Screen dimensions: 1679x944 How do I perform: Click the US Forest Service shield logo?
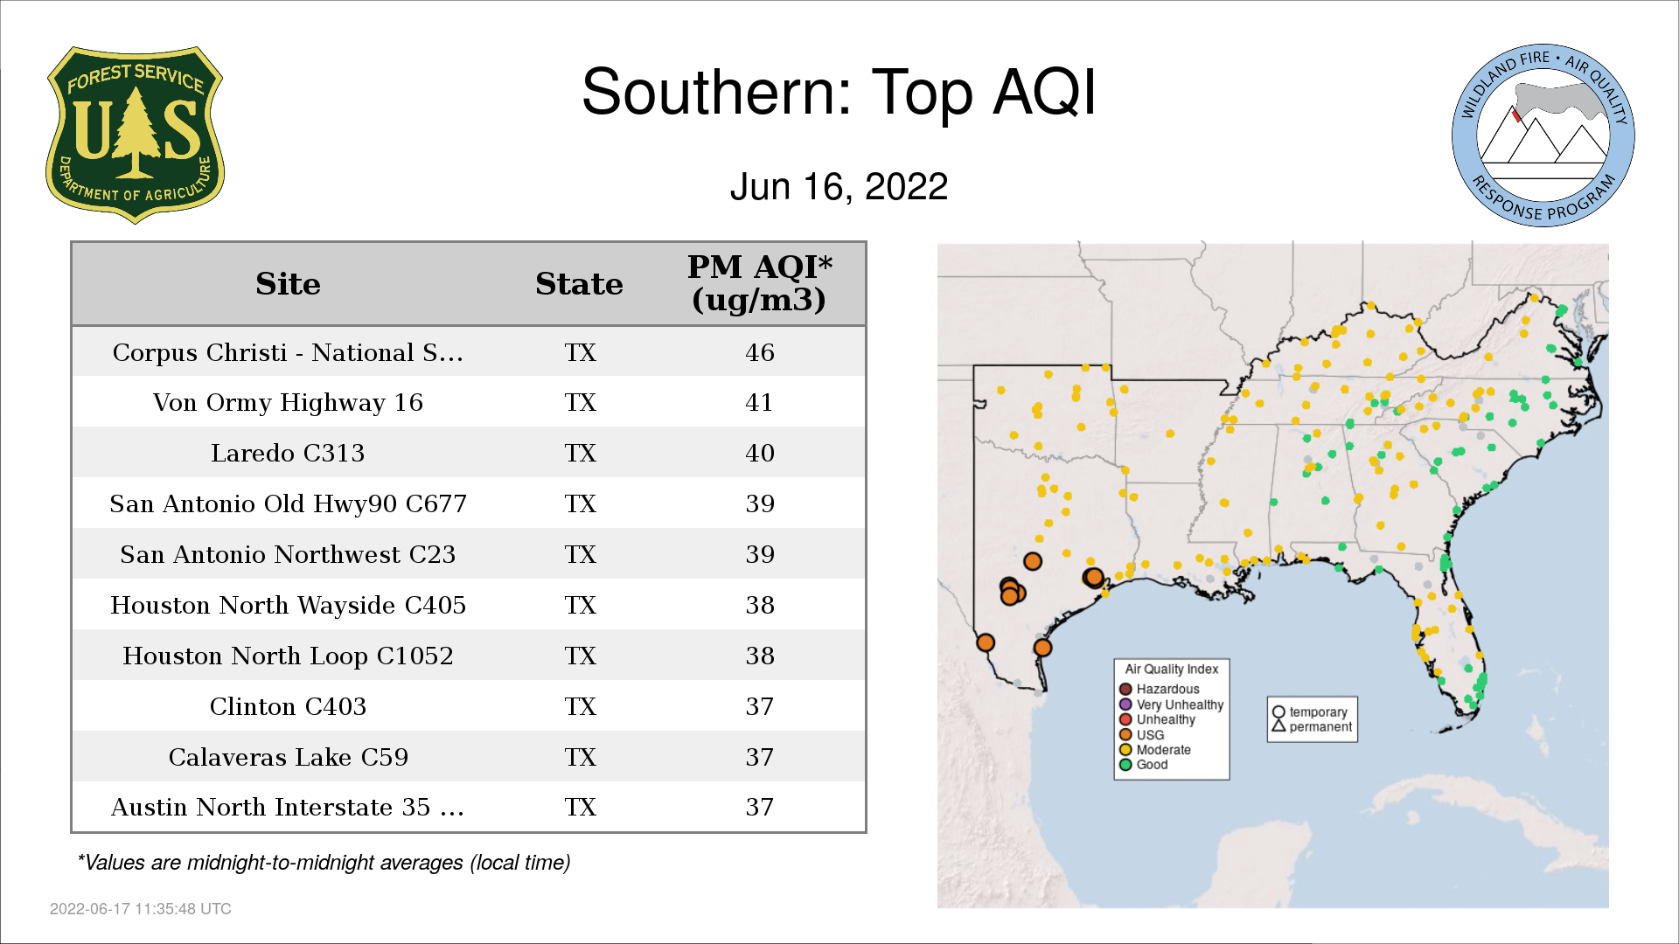pyautogui.click(x=135, y=135)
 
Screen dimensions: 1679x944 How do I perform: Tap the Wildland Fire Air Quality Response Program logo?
pyautogui.click(x=1543, y=135)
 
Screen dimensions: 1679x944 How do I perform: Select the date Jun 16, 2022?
pyautogui.click(x=839, y=187)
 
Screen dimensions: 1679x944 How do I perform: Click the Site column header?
pyautogui.click(x=288, y=284)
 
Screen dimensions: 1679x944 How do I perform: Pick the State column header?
pyautogui.click(x=579, y=284)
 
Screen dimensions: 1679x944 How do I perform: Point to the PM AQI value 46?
pyautogui.click(x=759, y=352)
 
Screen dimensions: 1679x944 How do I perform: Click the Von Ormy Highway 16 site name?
pyautogui.click(x=288, y=402)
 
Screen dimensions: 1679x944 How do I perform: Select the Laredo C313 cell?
pyautogui.click(x=288, y=453)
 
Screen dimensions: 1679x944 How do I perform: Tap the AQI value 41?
pyautogui.click(x=759, y=402)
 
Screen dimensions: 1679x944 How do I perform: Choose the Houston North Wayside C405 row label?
pyautogui.click(x=288, y=605)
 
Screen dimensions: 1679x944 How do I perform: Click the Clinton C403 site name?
pyautogui.click(x=288, y=706)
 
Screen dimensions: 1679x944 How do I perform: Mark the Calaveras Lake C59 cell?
pyautogui.click(x=288, y=757)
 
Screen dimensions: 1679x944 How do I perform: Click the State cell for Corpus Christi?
pyautogui.click(x=580, y=352)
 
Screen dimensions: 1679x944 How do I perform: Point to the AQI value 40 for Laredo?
pyautogui.click(x=759, y=453)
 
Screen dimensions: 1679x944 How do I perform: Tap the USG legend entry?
pyautogui.click(x=1142, y=735)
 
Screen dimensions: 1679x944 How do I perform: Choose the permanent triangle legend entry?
pyautogui.click(x=1312, y=726)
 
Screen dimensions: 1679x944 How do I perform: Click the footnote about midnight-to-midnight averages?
pyautogui.click(x=324, y=863)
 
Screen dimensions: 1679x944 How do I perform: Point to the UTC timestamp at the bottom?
pyautogui.click(x=141, y=909)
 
